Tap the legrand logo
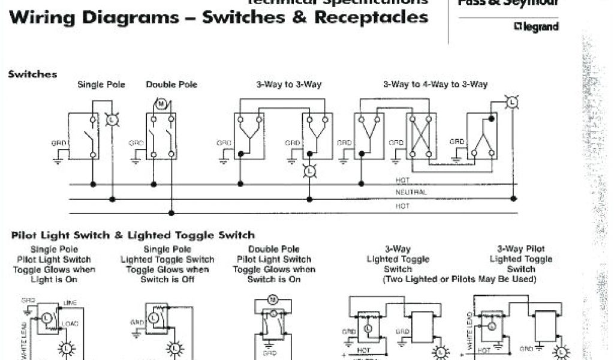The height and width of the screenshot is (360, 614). [536, 26]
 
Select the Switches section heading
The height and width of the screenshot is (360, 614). [32, 74]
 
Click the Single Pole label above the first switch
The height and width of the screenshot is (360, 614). [101, 85]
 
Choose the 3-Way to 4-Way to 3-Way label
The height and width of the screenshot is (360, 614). [435, 85]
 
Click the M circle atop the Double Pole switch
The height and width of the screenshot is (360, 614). [161, 104]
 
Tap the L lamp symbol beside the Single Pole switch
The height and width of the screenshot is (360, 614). [112, 120]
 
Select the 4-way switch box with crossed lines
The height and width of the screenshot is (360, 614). [422, 136]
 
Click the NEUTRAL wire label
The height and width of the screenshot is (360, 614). [411, 193]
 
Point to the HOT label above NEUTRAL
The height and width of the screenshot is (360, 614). [402, 180]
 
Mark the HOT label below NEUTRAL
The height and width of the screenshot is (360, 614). [402, 206]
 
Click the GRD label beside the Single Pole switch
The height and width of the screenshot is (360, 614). [58, 144]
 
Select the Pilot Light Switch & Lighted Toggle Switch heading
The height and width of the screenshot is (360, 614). [133, 235]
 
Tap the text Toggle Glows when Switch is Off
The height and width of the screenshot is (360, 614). [167, 274]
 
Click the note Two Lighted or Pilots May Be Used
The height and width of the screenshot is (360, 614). [459, 280]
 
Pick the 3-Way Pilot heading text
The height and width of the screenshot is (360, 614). [520, 249]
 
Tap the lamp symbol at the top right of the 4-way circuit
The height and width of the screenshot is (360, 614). [511, 103]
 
